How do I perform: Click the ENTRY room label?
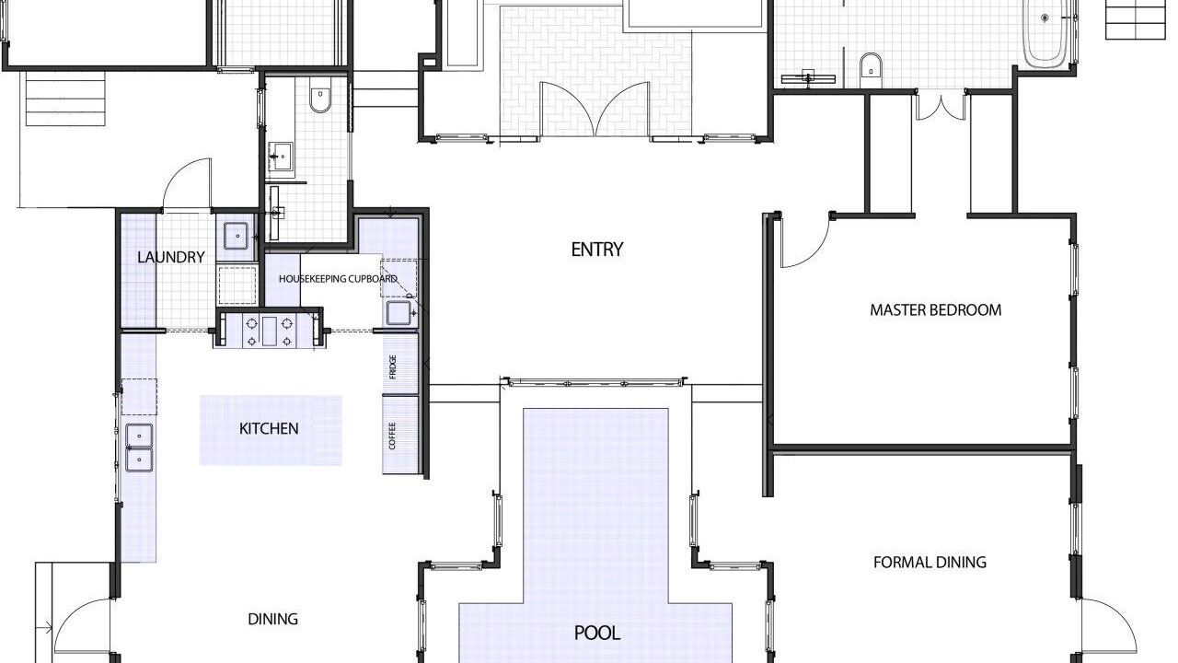click(x=597, y=250)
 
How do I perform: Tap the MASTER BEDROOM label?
click(x=936, y=310)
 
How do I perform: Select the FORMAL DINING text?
click(x=930, y=563)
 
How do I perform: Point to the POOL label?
click(x=597, y=633)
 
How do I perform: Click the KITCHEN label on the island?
click(x=269, y=429)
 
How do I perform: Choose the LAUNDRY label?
click(x=171, y=257)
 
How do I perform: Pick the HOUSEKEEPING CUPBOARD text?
click(x=338, y=279)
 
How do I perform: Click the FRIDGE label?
click(x=392, y=367)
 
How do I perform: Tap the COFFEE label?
click(x=392, y=436)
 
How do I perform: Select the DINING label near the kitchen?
click(x=273, y=620)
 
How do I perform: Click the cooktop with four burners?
click(x=270, y=331)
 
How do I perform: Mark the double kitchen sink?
click(x=139, y=448)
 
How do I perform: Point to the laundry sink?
click(x=237, y=236)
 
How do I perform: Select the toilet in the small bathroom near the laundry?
click(x=319, y=99)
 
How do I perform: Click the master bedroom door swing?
click(x=804, y=242)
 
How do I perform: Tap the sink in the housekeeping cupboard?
click(x=399, y=313)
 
